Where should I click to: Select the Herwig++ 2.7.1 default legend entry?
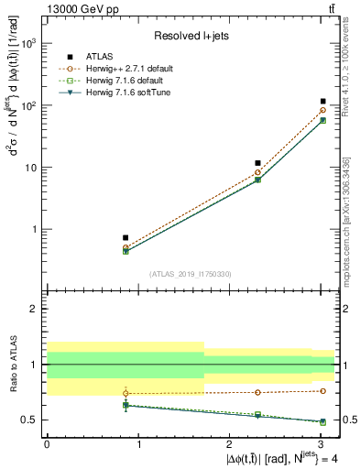click(125, 68)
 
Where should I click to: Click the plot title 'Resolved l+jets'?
click(190, 36)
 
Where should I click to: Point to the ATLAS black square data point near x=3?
click(323, 102)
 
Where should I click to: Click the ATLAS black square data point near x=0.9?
click(125, 237)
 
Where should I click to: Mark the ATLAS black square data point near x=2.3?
click(258, 163)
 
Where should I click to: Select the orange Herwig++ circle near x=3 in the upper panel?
click(323, 111)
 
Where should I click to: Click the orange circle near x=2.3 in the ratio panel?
click(258, 392)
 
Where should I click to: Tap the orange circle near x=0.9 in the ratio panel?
click(125, 393)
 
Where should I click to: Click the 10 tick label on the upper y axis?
click(31, 168)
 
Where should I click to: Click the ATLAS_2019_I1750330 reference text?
click(189, 274)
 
